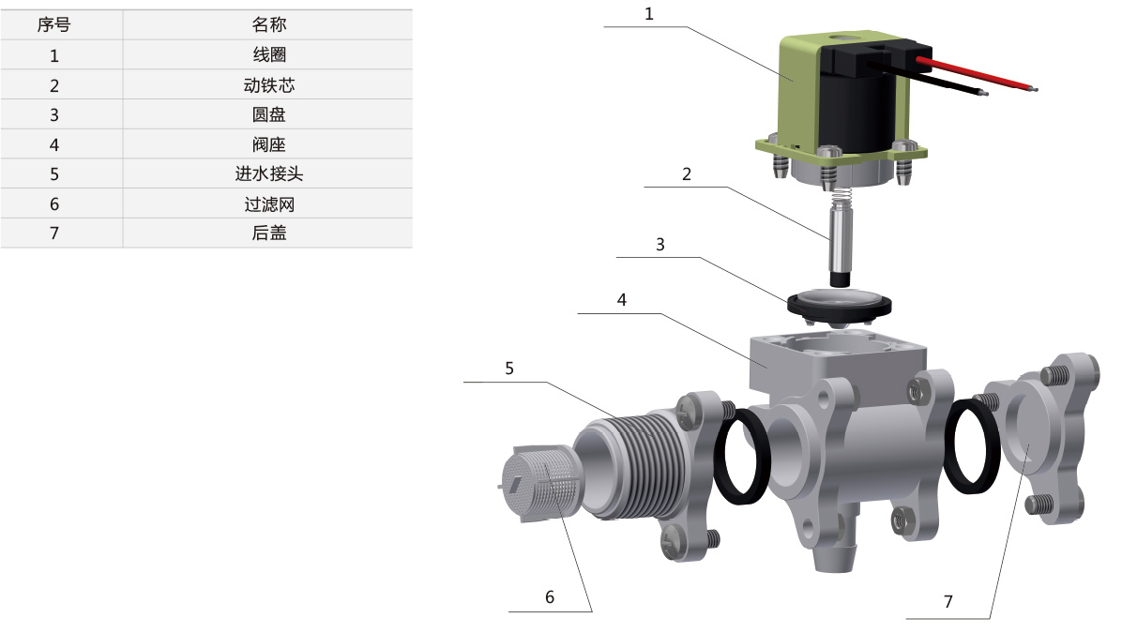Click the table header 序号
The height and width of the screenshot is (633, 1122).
click(x=53, y=25)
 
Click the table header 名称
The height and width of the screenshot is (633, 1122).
click(x=269, y=25)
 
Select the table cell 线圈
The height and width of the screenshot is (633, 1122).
click(x=269, y=55)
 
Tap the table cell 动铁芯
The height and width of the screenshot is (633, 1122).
click(x=269, y=85)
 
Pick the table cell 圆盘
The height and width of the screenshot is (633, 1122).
click(x=269, y=114)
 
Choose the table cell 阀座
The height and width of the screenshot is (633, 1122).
click(x=269, y=144)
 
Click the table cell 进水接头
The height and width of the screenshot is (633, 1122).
click(x=269, y=173)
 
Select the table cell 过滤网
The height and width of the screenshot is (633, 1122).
click(x=269, y=203)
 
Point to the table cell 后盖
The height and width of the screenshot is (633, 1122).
click(x=269, y=234)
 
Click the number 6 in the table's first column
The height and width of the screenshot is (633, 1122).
click(x=54, y=203)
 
